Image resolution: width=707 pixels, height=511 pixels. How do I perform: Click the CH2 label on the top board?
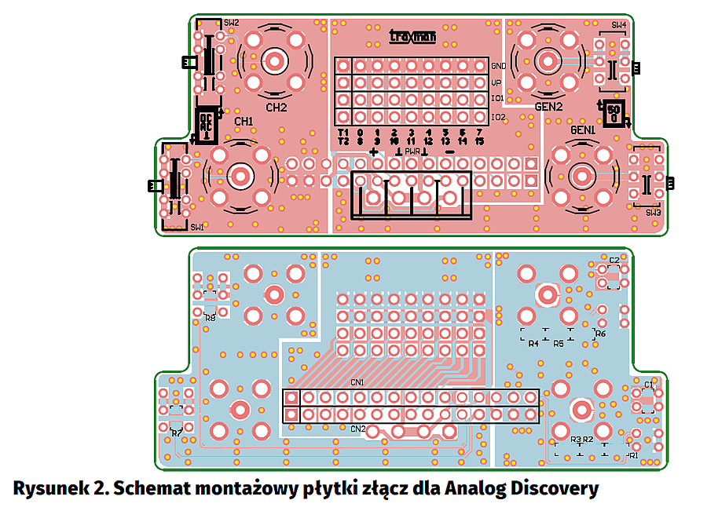coord(277,108)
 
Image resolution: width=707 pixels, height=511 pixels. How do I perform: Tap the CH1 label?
coord(244,122)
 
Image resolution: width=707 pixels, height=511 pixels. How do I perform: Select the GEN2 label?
coord(549,107)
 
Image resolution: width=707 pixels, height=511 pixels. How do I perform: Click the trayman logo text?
coord(412,35)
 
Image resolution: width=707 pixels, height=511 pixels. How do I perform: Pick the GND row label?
coord(498,66)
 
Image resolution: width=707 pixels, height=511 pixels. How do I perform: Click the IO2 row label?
coord(498,117)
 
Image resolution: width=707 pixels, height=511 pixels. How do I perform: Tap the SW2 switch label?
coord(231,24)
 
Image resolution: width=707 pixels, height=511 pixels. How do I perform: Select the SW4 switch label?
coord(619,25)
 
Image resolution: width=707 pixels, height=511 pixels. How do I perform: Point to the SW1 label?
coord(196,227)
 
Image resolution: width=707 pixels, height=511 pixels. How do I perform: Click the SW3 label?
coord(654,213)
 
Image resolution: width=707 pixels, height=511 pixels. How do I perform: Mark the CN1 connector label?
coord(357,382)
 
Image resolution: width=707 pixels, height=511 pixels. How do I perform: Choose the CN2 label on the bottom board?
coord(357,429)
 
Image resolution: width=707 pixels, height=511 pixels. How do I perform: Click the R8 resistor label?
coord(210,318)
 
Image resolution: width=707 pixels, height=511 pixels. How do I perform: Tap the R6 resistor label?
coord(601,334)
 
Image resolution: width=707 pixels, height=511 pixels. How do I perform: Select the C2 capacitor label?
coord(614,260)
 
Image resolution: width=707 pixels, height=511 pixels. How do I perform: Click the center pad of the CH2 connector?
coord(276,60)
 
